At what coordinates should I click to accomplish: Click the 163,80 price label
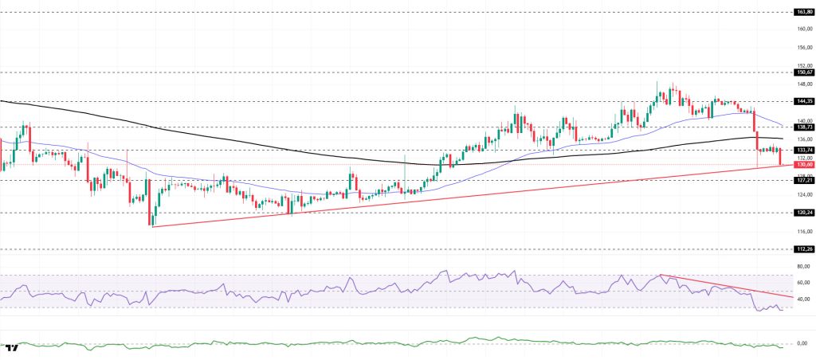pyautogui.click(x=803, y=12)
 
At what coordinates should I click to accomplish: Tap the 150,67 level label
pyautogui.click(x=803, y=72)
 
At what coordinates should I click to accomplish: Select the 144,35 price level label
pyautogui.click(x=803, y=101)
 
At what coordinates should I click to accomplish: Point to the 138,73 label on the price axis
pyautogui.click(x=803, y=127)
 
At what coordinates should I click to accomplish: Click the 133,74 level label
pyautogui.click(x=803, y=150)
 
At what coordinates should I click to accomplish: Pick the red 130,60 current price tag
pyautogui.click(x=803, y=165)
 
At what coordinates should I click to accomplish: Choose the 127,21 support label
pyautogui.click(x=803, y=180)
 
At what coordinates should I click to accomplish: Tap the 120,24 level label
pyautogui.click(x=803, y=212)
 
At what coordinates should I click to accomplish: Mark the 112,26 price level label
pyautogui.click(x=803, y=248)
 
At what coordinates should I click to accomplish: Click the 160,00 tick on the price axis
pyautogui.click(x=803, y=29)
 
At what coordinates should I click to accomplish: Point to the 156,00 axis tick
pyautogui.click(x=803, y=48)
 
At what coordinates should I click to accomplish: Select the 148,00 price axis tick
pyautogui.click(x=803, y=84)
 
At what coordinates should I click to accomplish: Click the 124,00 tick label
pyautogui.click(x=803, y=194)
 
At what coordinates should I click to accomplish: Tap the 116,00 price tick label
pyautogui.click(x=803, y=231)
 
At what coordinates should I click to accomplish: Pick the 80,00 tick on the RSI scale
pyautogui.click(x=803, y=267)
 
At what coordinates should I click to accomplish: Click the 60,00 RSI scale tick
pyautogui.click(x=803, y=283)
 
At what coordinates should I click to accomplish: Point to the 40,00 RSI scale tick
pyautogui.click(x=803, y=299)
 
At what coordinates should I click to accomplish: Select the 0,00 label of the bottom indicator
pyautogui.click(x=803, y=342)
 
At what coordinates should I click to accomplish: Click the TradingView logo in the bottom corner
pyautogui.click(x=12, y=349)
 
